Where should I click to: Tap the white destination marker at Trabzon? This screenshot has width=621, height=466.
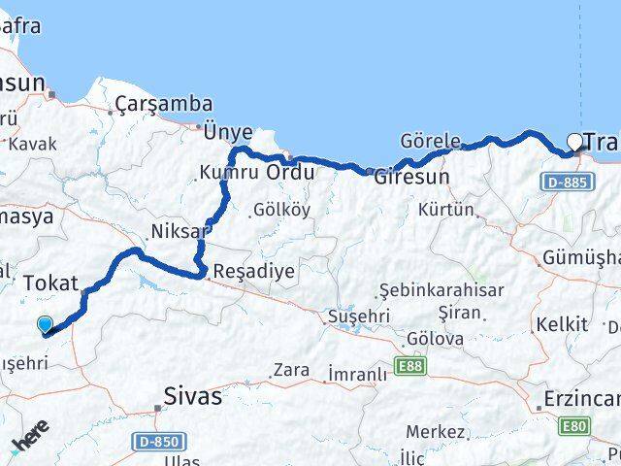point(576,142)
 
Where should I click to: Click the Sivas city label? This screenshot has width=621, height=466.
point(191,396)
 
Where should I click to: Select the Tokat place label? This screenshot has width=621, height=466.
point(49,283)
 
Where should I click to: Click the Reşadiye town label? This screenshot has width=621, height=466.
point(254,271)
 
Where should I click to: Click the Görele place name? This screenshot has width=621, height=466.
point(429,142)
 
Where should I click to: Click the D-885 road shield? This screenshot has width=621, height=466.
point(564,182)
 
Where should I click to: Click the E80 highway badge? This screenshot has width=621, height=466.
point(573,426)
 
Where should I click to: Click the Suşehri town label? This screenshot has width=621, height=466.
point(358,316)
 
